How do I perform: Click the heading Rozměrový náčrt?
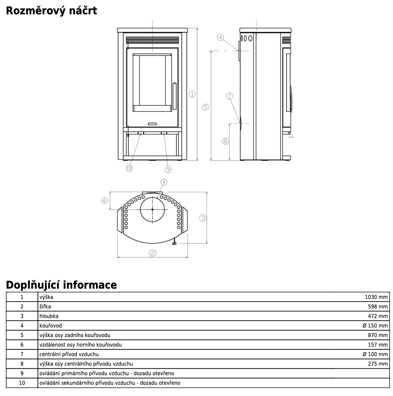(x=52, y=11)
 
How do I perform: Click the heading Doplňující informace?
(x=61, y=285)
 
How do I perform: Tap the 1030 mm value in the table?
(x=376, y=297)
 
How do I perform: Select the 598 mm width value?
(x=378, y=306)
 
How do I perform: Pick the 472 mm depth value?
(x=378, y=316)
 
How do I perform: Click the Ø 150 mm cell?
(x=375, y=325)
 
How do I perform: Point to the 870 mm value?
(x=378, y=335)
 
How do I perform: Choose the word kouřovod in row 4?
(x=50, y=325)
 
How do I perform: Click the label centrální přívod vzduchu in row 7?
(x=69, y=354)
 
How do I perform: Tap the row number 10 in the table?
(x=22, y=383)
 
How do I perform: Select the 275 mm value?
(x=378, y=364)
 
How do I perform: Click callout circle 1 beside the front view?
(x=192, y=94)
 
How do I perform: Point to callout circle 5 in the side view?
(x=205, y=107)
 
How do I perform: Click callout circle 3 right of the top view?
(x=203, y=218)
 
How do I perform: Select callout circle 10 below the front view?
(x=129, y=168)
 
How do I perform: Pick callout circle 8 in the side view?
(x=225, y=141)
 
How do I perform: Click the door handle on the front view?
(x=174, y=96)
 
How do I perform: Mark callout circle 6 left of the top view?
(x=105, y=201)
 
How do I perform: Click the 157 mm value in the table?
(x=378, y=345)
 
